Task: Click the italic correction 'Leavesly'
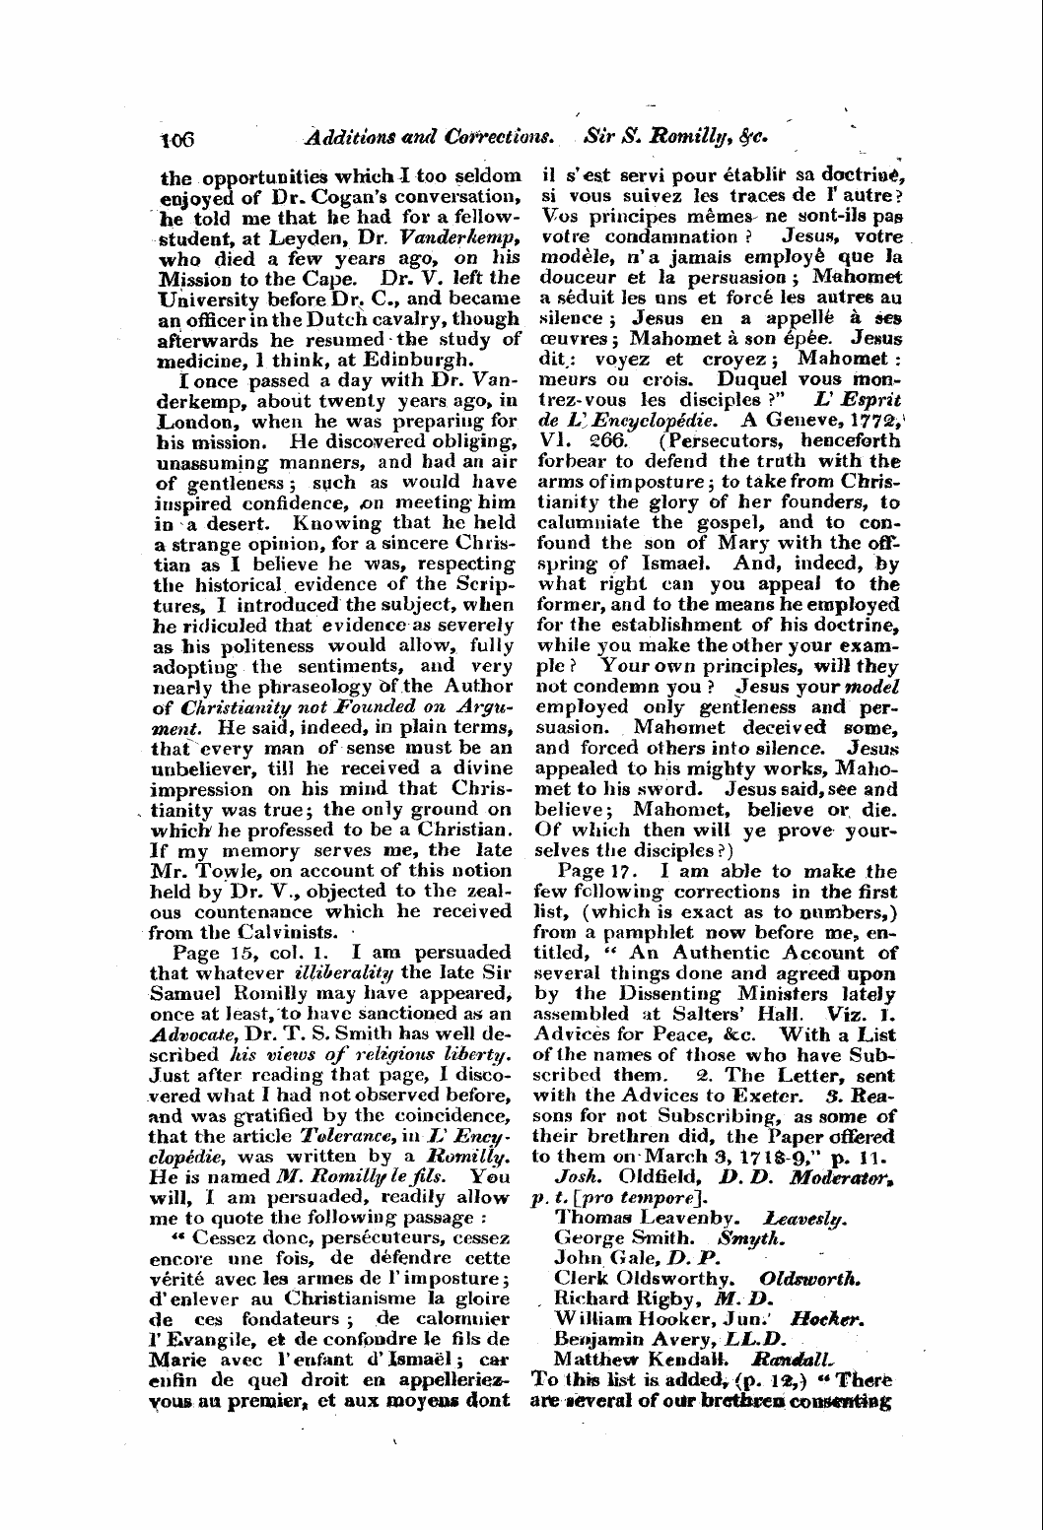pos(805,1215)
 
